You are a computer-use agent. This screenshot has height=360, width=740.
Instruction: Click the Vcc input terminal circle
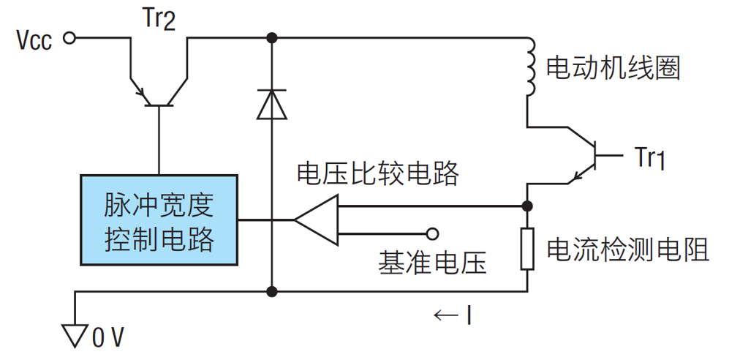(x=69, y=38)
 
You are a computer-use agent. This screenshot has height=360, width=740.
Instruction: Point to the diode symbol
(x=272, y=104)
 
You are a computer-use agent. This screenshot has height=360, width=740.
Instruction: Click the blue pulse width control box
(x=159, y=219)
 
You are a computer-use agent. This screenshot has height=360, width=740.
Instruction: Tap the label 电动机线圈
(x=613, y=69)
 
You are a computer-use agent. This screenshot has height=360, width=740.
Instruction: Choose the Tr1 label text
(x=649, y=157)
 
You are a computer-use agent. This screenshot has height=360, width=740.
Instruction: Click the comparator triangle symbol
(x=317, y=219)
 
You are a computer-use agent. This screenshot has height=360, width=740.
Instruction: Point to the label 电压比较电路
(x=377, y=173)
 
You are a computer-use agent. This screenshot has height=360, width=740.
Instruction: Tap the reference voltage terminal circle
(x=432, y=234)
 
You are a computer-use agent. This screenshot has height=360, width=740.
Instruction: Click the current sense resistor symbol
(x=527, y=249)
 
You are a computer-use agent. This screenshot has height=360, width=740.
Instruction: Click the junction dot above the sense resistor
(x=527, y=206)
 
